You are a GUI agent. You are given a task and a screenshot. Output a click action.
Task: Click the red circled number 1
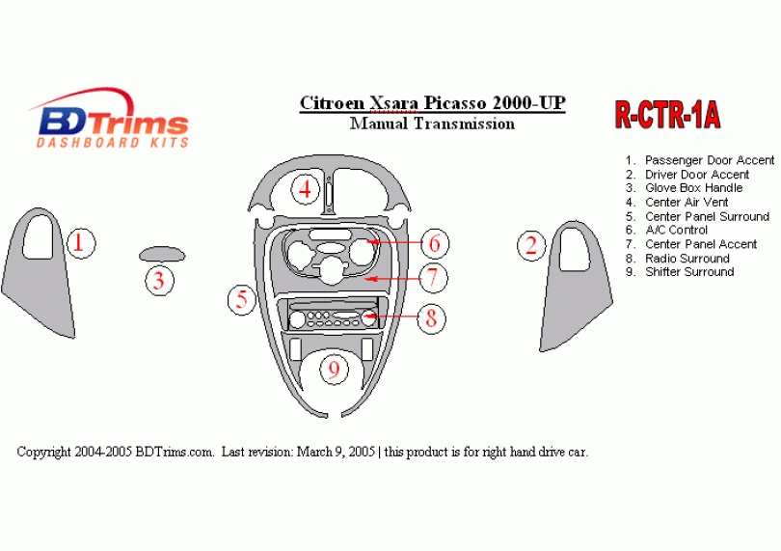pos(81,243)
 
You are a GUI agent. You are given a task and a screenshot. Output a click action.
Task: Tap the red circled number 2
pos(531,246)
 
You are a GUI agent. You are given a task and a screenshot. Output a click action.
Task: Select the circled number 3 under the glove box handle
pos(159,280)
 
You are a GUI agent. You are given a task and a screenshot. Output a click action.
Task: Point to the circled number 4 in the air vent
pos(306,190)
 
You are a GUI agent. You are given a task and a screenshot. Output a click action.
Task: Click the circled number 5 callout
pos(242,300)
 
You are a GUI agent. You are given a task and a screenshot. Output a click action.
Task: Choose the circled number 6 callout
pos(435,243)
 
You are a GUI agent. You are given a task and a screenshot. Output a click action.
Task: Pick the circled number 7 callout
pos(433,278)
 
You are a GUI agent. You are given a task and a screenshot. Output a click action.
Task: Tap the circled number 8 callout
pos(431,317)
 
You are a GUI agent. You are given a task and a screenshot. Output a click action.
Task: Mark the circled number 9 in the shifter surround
pos(334,370)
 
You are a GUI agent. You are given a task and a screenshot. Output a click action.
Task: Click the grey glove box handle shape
pos(162,254)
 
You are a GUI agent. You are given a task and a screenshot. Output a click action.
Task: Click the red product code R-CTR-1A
pos(667,115)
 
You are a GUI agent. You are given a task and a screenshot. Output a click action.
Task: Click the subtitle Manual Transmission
pos(432,124)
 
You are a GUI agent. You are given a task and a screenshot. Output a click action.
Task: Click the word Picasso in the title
pos(455,103)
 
